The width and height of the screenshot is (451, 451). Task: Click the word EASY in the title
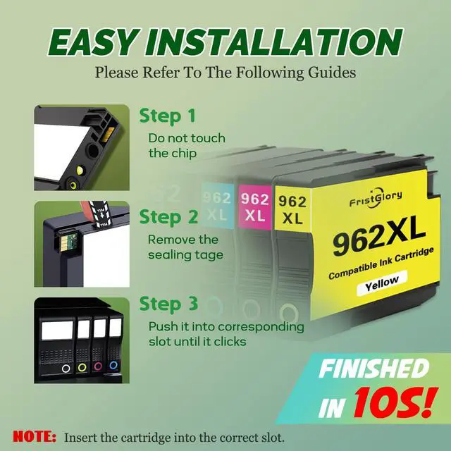click(92, 42)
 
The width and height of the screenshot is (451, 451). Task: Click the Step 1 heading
click(167, 116)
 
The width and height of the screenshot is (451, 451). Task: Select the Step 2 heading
click(168, 218)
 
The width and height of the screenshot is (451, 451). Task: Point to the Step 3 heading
click(168, 304)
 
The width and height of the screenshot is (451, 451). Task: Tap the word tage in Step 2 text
click(210, 255)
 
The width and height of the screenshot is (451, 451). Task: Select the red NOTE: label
click(35, 437)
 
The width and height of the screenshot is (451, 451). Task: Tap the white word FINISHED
click(373, 369)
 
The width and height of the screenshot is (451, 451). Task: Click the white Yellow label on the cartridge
click(382, 283)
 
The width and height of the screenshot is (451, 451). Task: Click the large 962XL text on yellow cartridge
click(379, 237)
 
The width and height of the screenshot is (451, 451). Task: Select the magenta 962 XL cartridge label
click(255, 207)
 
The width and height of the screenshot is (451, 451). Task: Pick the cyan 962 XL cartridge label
click(217, 206)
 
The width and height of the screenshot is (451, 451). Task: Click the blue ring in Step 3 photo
click(113, 366)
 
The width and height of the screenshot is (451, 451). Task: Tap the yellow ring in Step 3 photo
click(82, 367)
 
